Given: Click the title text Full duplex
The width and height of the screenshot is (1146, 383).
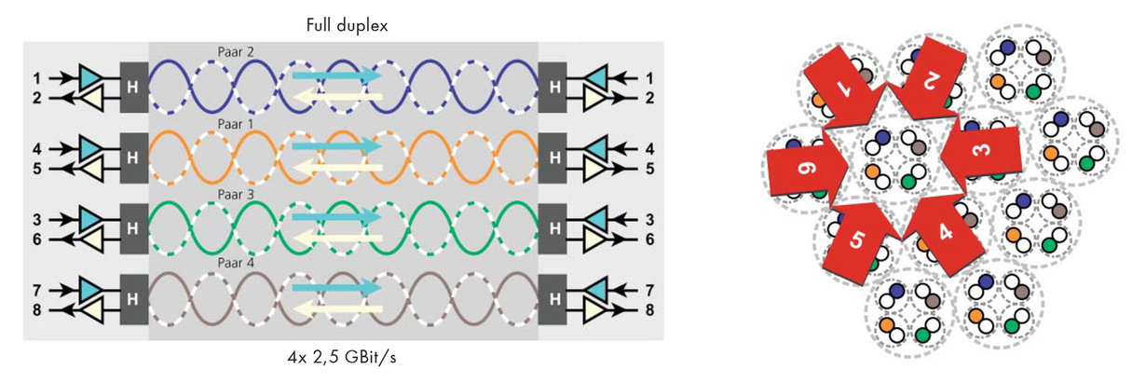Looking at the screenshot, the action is [x=347, y=25].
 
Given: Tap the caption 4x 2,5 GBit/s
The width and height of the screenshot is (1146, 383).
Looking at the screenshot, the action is [x=342, y=357].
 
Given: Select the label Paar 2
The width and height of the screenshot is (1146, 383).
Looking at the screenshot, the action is [x=236, y=51].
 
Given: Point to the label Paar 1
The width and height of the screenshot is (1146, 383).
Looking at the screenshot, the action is [x=236, y=125].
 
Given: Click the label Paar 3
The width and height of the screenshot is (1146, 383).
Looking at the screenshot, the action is [x=236, y=195].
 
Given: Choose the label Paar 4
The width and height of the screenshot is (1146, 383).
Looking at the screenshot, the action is [x=236, y=263].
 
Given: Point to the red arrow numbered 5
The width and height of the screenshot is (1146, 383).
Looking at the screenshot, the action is [x=858, y=239].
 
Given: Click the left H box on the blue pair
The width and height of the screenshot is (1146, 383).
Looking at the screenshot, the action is [x=134, y=88].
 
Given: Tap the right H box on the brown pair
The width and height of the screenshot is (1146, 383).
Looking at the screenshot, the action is [x=553, y=299].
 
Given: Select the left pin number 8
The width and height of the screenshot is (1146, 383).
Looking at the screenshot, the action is [x=37, y=309].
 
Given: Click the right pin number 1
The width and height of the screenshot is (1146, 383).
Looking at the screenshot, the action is [x=649, y=78].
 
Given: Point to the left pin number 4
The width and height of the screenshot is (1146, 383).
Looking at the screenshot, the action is [x=37, y=149].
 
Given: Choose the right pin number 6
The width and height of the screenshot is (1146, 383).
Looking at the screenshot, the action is [x=649, y=239].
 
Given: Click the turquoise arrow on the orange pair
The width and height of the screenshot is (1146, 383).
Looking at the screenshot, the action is [x=336, y=146].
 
